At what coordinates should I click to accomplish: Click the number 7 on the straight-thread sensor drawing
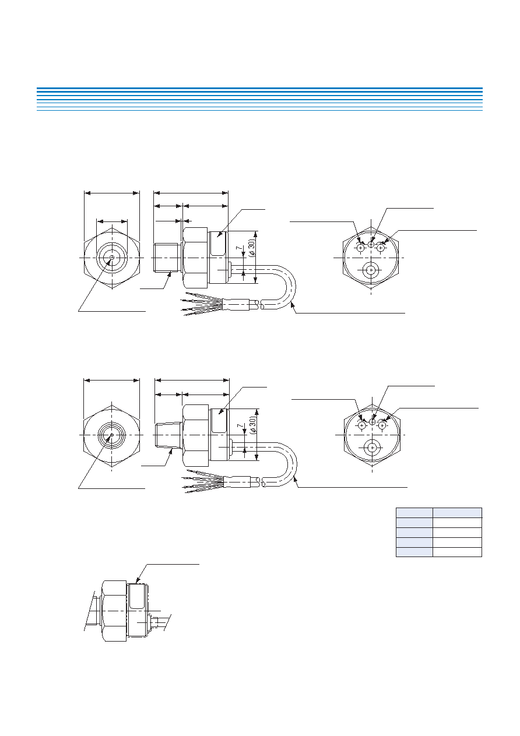pyautogui.click(x=240, y=248)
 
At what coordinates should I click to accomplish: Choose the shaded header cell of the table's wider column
pyautogui.click(x=457, y=513)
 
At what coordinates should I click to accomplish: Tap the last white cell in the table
pyautogui.click(x=457, y=552)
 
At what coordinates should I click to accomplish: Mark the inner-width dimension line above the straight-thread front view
pyautogui.click(x=112, y=221)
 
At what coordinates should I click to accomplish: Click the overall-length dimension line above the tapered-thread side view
pyautogui.click(x=192, y=381)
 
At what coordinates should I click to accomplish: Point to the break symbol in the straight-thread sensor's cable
pyautogui.click(x=261, y=305)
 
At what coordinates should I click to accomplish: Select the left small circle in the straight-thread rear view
pyautogui.click(x=361, y=248)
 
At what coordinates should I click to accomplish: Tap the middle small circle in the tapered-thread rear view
pyautogui.click(x=373, y=421)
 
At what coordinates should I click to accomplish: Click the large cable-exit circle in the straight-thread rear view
pyautogui.click(x=371, y=270)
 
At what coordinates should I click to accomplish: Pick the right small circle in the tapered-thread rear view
pyautogui.click(x=382, y=425)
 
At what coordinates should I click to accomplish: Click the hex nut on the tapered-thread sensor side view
pyautogui.click(x=195, y=435)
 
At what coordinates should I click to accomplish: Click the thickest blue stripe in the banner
pyautogui.click(x=259, y=89)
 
